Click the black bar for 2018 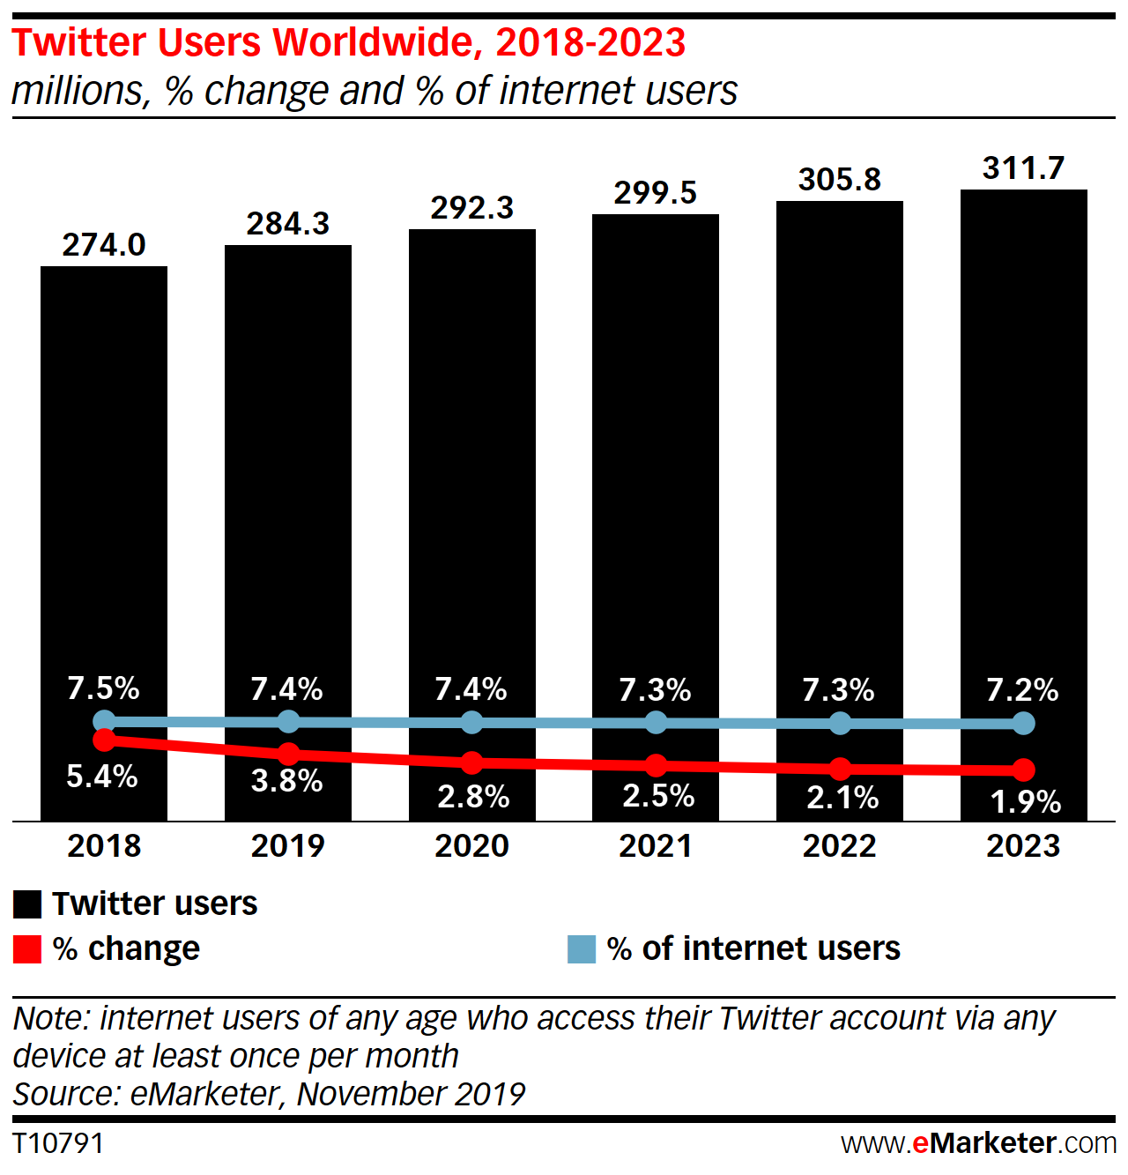click(x=104, y=485)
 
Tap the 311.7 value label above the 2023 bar click(x=1023, y=167)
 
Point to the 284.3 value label click(x=288, y=224)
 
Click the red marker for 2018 click(x=104, y=740)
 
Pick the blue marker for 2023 click(x=1023, y=724)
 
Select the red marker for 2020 click(x=472, y=762)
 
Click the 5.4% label click(x=102, y=777)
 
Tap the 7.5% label click(x=104, y=688)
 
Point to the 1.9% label click(x=1025, y=801)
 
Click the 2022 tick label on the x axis click(x=840, y=846)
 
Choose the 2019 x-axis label click(x=288, y=846)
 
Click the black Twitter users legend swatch click(x=27, y=904)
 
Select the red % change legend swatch click(x=27, y=949)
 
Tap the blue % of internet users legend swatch click(x=582, y=949)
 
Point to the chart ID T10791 click(x=58, y=1143)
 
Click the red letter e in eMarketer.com click(x=920, y=1143)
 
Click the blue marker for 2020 click(x=472, y=723)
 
